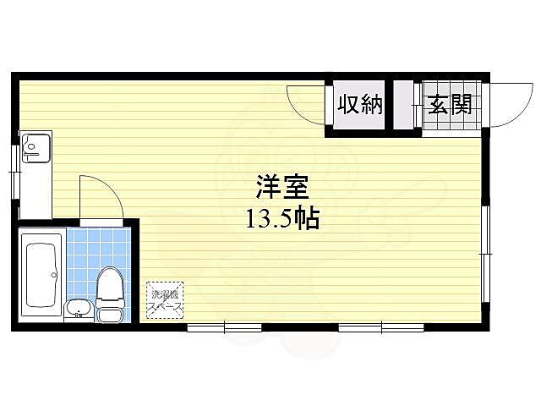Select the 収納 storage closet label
click(361, 105)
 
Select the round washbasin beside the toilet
click(77, 308)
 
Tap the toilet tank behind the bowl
click(109, 315)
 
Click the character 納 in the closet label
click(372, 105)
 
